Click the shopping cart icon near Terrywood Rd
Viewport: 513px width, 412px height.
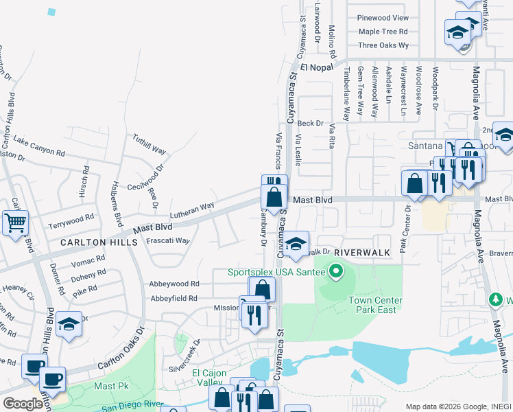(x=16, y=222)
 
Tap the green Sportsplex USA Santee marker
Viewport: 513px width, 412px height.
(x=335, y=273)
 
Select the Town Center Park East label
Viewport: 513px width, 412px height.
(x=375, y=305)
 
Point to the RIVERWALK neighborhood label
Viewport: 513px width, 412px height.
(x=362, y=253)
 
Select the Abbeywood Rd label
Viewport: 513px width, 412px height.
(x=174, y=284)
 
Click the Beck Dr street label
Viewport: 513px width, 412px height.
(x=310, y=123)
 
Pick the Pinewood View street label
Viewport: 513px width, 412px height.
(x=383, y=18)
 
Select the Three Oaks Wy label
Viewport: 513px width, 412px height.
(x=383, y=45)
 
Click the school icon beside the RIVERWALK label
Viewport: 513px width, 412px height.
(x=296, y=244)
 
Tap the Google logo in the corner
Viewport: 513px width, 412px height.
(x=23, y=404)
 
